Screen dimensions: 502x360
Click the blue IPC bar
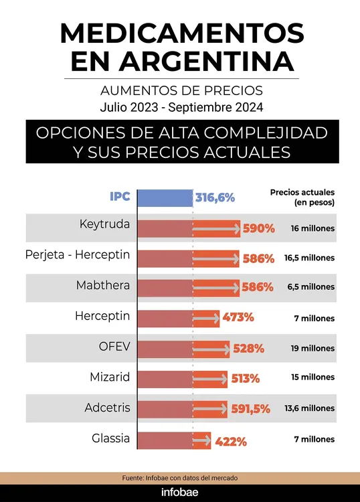click(x=165, y=197)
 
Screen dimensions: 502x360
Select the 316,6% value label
click(x=215, y=197)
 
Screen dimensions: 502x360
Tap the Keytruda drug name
click(x=104, y=225)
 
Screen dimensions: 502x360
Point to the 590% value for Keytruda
click(x=258, y=228)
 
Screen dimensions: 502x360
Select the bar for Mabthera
click(x=187, y=287)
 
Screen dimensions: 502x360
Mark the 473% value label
click(x=237, y=317)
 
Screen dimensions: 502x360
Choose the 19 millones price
click(x=312, y=348)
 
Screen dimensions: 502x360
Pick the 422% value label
click(x=230, y=442)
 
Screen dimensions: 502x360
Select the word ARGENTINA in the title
click(x=181, y=61)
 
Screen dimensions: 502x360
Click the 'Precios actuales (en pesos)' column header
click(x=302, y=197)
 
